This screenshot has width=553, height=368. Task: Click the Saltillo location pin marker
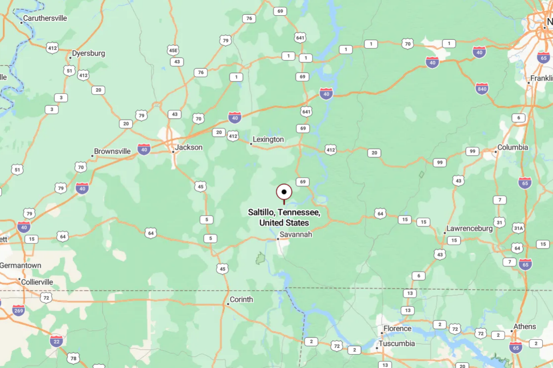pos(284,192)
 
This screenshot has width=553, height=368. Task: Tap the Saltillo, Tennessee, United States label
pos(284,217)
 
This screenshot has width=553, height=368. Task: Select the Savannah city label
pos(295,235)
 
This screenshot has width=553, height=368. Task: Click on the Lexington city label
pos(268,139)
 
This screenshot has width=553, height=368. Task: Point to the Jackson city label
pos(189,147)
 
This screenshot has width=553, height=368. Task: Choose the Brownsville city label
pos(112,151)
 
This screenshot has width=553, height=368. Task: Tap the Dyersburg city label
pos(89,53)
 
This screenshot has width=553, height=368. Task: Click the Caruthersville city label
pos(45,18)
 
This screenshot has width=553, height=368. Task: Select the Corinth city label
pos(241,299)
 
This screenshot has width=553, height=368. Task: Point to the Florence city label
pos(397,328)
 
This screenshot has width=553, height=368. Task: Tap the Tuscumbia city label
pos(397,344)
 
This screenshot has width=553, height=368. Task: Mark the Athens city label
pos(525,326)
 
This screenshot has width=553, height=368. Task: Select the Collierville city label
pos(38,282)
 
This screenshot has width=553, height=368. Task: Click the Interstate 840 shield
pos(482,89)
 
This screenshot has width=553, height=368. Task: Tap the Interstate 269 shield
pos(18,310)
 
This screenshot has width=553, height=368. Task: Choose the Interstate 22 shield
pos(56,341)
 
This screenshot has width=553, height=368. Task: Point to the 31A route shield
pos(518,228)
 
